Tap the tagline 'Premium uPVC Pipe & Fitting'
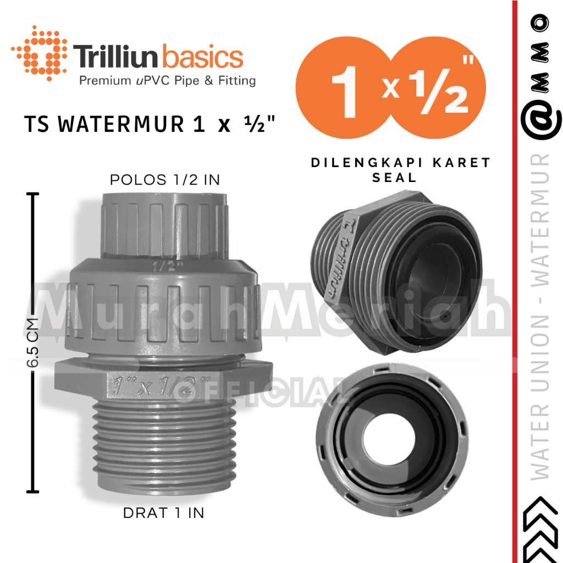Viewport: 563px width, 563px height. pos(168,81)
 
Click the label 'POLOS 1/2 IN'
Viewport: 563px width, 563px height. pos(160,180)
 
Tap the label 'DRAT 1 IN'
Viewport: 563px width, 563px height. pos(163,513)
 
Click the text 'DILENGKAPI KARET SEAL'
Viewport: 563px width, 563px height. pos(401,170)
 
